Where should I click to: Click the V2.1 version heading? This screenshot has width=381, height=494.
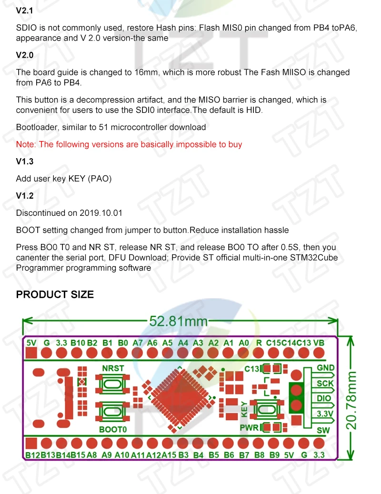tap(25, 10)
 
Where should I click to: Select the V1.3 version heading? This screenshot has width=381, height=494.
tap(25, 161)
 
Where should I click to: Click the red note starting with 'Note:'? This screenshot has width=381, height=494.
tap(129, 144)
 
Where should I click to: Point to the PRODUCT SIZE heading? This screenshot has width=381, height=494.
tap(55, 294)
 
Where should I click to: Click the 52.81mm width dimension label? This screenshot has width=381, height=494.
tap(179, 321)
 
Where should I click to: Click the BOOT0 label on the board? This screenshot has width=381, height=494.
tap(113, 429)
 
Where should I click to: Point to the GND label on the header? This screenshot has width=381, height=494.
tap(326, 368)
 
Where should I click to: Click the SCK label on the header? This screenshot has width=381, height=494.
tap(326, 383)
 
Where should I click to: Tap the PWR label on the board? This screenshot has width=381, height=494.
tap(249, 427)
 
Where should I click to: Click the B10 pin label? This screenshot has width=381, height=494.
tap(78, 343)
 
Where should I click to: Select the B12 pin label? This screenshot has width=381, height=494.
tap(33, 455)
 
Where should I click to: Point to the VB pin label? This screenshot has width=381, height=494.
tap(319, 343)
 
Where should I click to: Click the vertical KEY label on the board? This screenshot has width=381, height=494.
tap(245, 407)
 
